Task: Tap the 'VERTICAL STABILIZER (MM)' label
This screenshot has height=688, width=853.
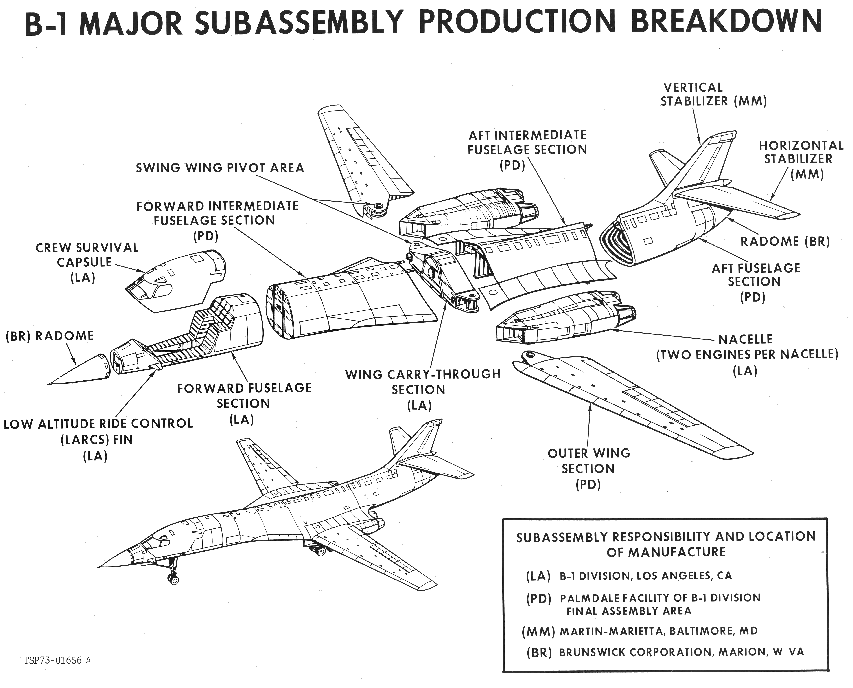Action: tap(713, 94)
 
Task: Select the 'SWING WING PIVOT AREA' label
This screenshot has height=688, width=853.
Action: tap(220, 168)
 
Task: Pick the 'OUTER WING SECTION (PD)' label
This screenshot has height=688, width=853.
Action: tap(589, 468)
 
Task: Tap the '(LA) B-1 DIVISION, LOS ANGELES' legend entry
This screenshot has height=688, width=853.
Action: tap(629, 576)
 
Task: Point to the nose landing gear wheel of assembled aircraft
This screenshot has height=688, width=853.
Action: tap(174, 580)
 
